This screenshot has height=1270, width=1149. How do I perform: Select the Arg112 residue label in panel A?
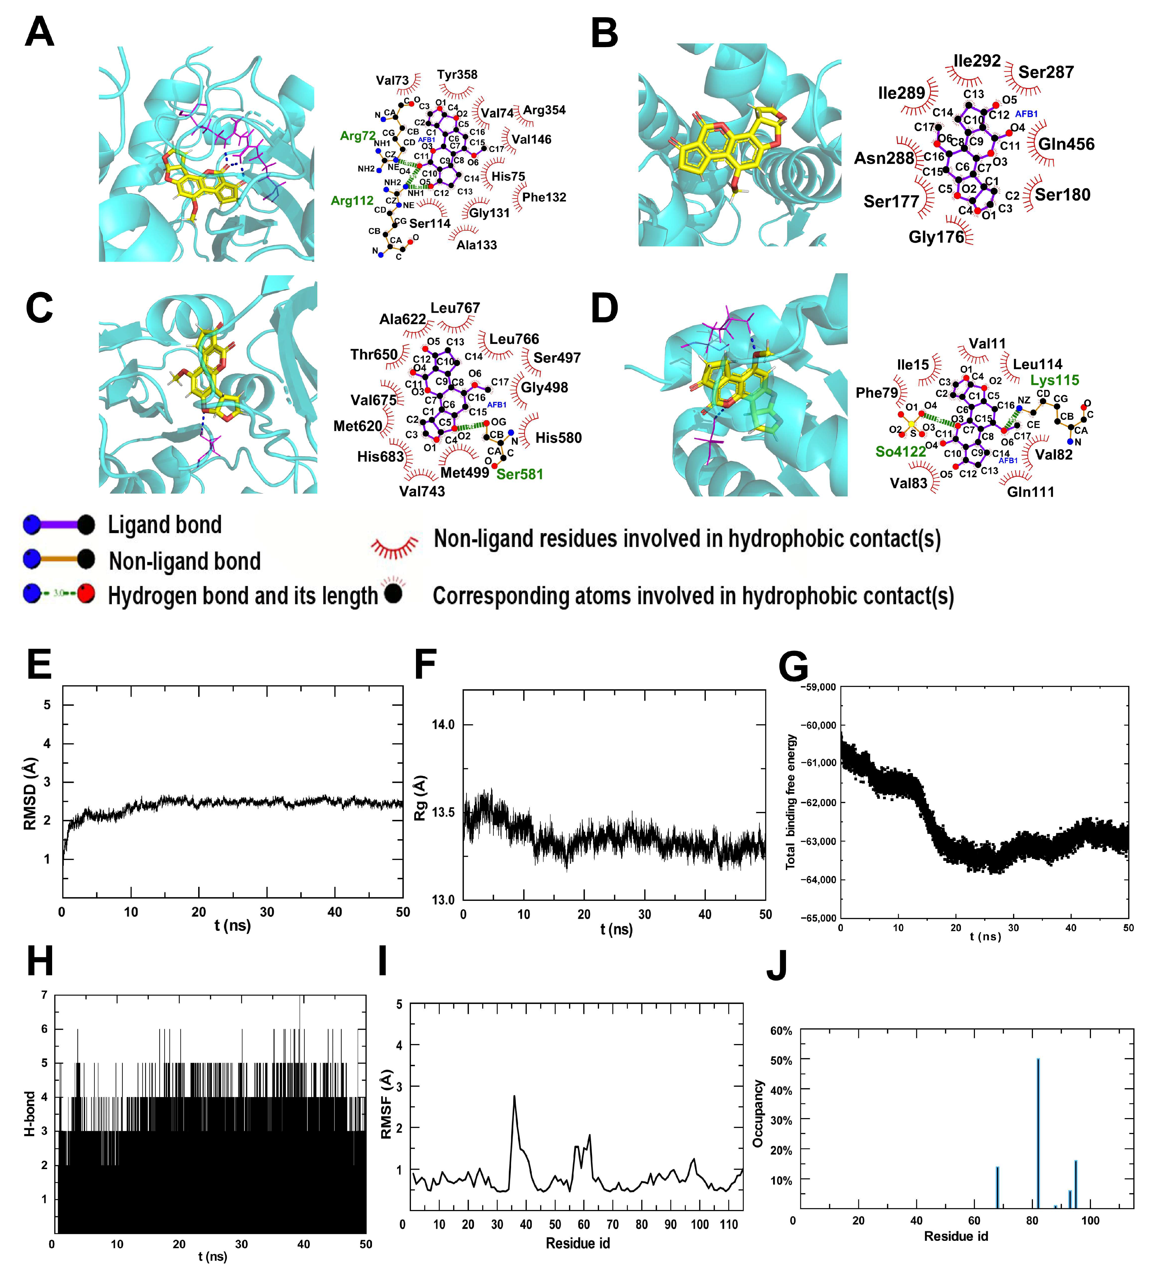(x=352, y=201)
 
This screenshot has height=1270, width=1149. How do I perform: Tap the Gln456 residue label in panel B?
(x=1066, y=144)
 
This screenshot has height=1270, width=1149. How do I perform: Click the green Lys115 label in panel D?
(x=1055, y=381)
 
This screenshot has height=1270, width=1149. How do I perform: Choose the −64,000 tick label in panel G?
(x=818, y=880)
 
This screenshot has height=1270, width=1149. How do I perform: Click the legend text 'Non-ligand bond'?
(x=184, y=561)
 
